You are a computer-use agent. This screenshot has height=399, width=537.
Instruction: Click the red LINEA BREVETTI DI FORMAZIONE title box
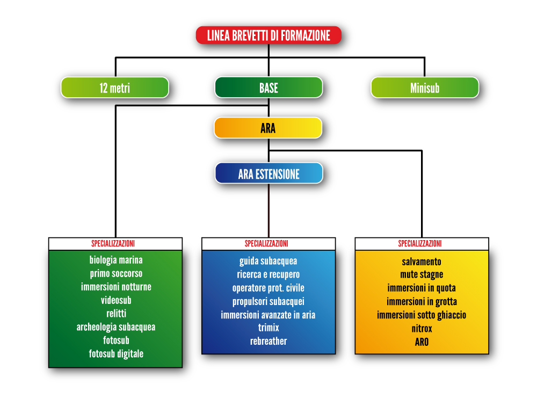coord(268,35)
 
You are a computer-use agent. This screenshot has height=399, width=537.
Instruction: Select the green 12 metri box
coord(115,88)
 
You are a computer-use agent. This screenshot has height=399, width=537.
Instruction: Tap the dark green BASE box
coord(268,88)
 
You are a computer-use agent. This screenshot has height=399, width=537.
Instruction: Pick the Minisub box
coord(425,88)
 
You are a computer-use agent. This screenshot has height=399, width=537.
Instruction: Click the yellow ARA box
coord(268,128)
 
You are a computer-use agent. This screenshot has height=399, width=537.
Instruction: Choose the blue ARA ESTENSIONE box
coord(269,173)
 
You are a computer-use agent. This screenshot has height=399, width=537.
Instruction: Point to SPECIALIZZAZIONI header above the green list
coord(113,243)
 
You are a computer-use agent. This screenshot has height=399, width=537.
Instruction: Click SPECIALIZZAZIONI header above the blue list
coord(266,243)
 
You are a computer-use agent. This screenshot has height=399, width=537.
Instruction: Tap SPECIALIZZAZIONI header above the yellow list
coord(420,243)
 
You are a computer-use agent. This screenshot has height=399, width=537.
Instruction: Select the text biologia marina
coord(116,260)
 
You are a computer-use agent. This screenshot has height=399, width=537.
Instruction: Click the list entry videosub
coord(116,300)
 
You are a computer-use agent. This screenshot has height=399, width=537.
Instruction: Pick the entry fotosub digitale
coord(116,354)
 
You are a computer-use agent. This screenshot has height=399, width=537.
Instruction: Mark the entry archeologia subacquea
coord(116,327)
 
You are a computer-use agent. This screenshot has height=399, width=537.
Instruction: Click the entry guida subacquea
coord(268,262)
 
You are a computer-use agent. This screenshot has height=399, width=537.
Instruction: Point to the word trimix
coord(268,328)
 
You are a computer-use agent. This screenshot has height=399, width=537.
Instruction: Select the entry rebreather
coord(268,341)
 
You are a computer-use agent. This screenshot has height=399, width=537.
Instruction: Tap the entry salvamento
coord(422,262)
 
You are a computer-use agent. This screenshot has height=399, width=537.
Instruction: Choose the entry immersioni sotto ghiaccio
coord(422,315)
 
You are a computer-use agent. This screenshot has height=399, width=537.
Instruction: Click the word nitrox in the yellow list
coord(422,329)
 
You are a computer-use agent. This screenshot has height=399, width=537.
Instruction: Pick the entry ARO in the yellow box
coord(422,342)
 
